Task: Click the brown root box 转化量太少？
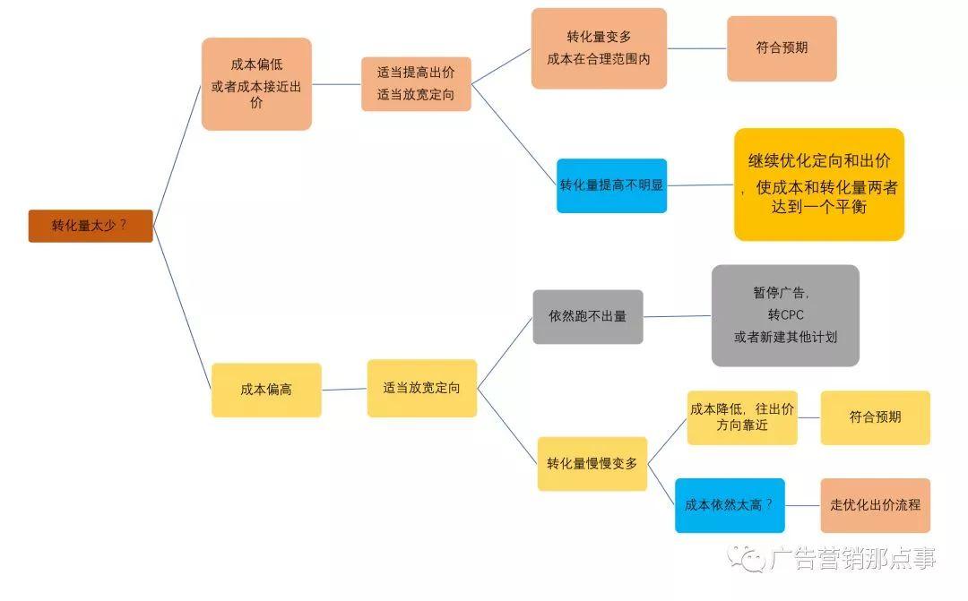coord(91,226)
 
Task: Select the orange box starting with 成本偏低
coord(256,84)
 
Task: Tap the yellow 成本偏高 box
coord(266,390)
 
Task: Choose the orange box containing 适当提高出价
coord(416,84)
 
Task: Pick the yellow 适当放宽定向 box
coord(421,388)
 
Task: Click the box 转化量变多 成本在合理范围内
coord(599,48)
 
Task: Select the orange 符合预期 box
coord(782,48)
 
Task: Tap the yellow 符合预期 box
coord(875,417)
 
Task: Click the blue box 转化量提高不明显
coord(611,185)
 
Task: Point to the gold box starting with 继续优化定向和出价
coord(818,185)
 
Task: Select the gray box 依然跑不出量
coord(587,316)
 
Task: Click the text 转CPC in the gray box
coord(785,315)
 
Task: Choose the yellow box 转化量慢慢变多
coord(592,463)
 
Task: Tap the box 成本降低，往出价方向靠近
coord(742,417)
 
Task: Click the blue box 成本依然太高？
coord(729,505)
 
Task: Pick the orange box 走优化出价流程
coord(875,505)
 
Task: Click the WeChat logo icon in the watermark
coord(748,559)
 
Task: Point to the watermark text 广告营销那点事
coord(852,560)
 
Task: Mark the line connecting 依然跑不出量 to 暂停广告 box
coord(678,316)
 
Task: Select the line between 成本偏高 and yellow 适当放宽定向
coord(344,389)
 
